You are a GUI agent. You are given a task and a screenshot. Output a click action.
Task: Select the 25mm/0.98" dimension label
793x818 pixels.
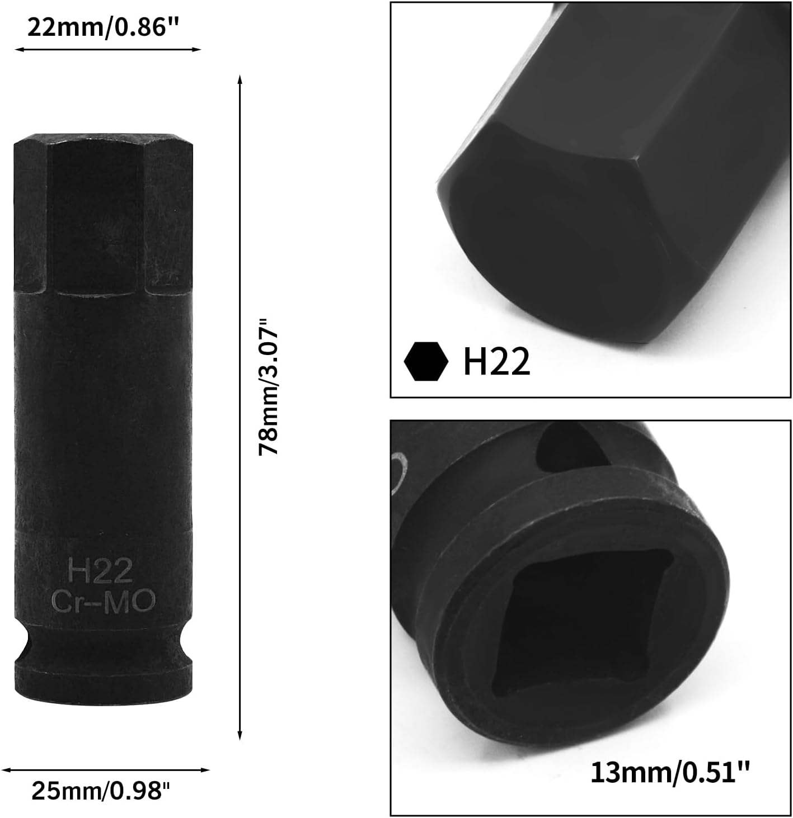click(x=100, y=791)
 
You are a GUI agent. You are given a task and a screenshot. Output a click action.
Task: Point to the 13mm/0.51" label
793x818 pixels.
click(x=669, y=773)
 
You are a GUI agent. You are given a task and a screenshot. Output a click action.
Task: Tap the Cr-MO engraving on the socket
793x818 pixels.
click(x=103, y=601)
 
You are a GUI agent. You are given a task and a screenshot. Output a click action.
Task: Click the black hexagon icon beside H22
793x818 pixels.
click(x=426, y=362)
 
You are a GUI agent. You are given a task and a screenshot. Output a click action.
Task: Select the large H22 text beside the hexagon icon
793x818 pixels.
click(x=496, y=362)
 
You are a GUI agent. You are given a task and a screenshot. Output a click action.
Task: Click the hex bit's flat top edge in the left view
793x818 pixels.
click(x=103, y=138)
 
